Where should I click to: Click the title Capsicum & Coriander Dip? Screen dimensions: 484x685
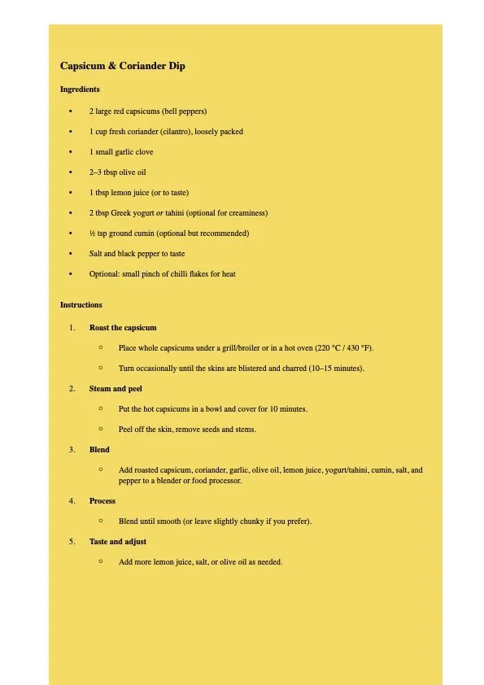(123, 66)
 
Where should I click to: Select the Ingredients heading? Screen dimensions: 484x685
(80, 89)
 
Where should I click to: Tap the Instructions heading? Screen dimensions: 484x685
(81, 305)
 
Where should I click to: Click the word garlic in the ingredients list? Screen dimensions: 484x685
(124, 152)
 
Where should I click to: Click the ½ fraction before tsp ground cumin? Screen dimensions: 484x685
(93, 233)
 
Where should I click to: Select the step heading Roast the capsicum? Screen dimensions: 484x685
(123, 328)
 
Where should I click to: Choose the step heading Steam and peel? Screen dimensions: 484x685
(116, 389)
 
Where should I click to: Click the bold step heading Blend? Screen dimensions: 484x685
(99, 450)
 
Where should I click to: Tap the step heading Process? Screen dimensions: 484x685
(102, 501)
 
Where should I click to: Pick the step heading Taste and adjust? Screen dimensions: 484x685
(118, 542)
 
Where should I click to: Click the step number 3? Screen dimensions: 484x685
(72, 450)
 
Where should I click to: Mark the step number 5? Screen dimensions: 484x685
(72, 542)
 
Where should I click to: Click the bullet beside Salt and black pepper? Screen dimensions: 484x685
(71, 254)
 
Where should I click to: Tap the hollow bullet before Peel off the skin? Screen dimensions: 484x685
(100, 429)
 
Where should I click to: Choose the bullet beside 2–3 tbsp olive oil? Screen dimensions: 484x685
(71, 172)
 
